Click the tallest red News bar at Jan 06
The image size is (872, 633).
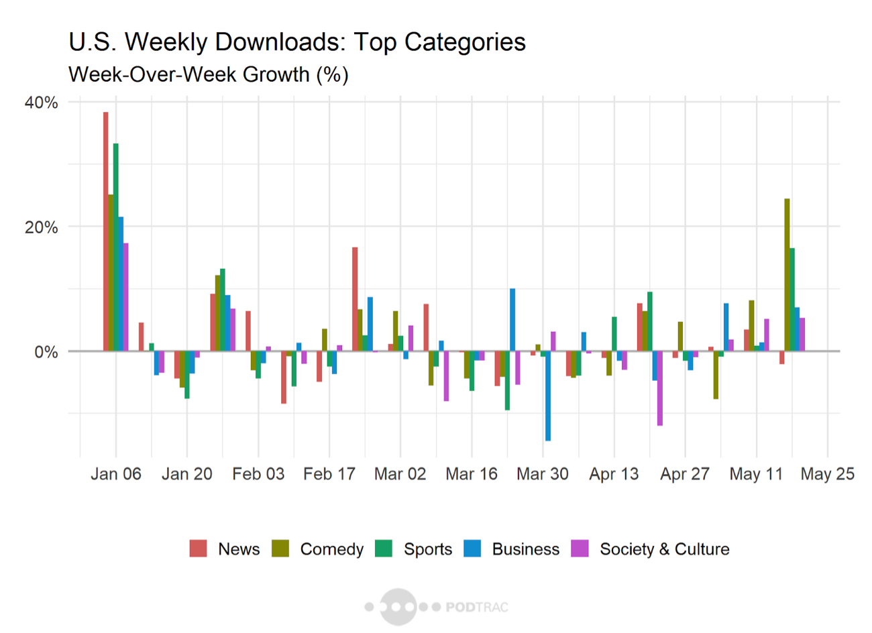point(105,231)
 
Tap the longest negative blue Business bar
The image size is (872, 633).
point(548,396)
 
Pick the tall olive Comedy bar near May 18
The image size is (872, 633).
point(787,275)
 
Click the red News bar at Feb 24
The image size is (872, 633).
point(355,299)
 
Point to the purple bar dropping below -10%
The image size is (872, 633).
point(660,388)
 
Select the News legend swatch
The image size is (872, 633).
point(199,549)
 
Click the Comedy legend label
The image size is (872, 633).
point(331,549)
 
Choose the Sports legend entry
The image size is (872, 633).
point(427,549)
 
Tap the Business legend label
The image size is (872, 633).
point(525,549)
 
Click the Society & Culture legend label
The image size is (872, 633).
point(664,549)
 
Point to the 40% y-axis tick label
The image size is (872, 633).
point(42,103)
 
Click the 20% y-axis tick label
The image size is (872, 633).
point(42,227)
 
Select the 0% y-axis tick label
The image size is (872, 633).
point(46,352)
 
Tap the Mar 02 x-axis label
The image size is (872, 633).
point(400,474)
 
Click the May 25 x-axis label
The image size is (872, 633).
point(827,474)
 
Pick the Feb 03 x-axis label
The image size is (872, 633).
point(258,474)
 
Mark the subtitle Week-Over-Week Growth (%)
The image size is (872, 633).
point(208,74)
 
